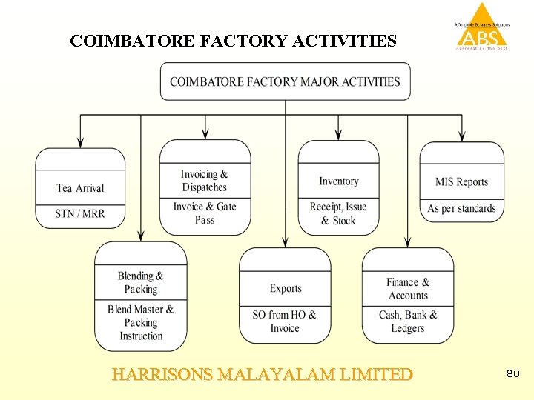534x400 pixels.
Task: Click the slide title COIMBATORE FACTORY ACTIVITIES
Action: (233, 41)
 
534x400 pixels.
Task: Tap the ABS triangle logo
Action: (482, 28)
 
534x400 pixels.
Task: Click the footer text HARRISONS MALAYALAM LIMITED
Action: (262, 375)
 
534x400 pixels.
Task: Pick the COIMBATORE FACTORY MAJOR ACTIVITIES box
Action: (285, 81)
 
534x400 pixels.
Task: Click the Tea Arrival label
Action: (80, 188)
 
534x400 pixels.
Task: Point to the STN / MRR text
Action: (80, 214)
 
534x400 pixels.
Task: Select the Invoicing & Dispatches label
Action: (205, 181)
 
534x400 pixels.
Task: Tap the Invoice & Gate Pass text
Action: (205, 213)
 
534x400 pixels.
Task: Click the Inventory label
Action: (339, 181)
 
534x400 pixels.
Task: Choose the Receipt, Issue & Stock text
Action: (338, 213)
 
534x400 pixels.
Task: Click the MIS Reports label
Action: (461, 182)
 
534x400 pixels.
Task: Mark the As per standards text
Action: (461, 209)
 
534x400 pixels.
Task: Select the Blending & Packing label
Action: (141, 282)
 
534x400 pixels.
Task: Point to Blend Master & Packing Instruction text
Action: (141, 322)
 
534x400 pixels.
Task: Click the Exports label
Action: (286, 289)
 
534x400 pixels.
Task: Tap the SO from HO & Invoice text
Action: (285, 321)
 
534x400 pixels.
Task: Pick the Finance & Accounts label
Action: (408, 289)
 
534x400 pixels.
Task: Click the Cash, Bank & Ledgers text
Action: (408, 321)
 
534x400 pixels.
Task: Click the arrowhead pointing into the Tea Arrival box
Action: (80, 142)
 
